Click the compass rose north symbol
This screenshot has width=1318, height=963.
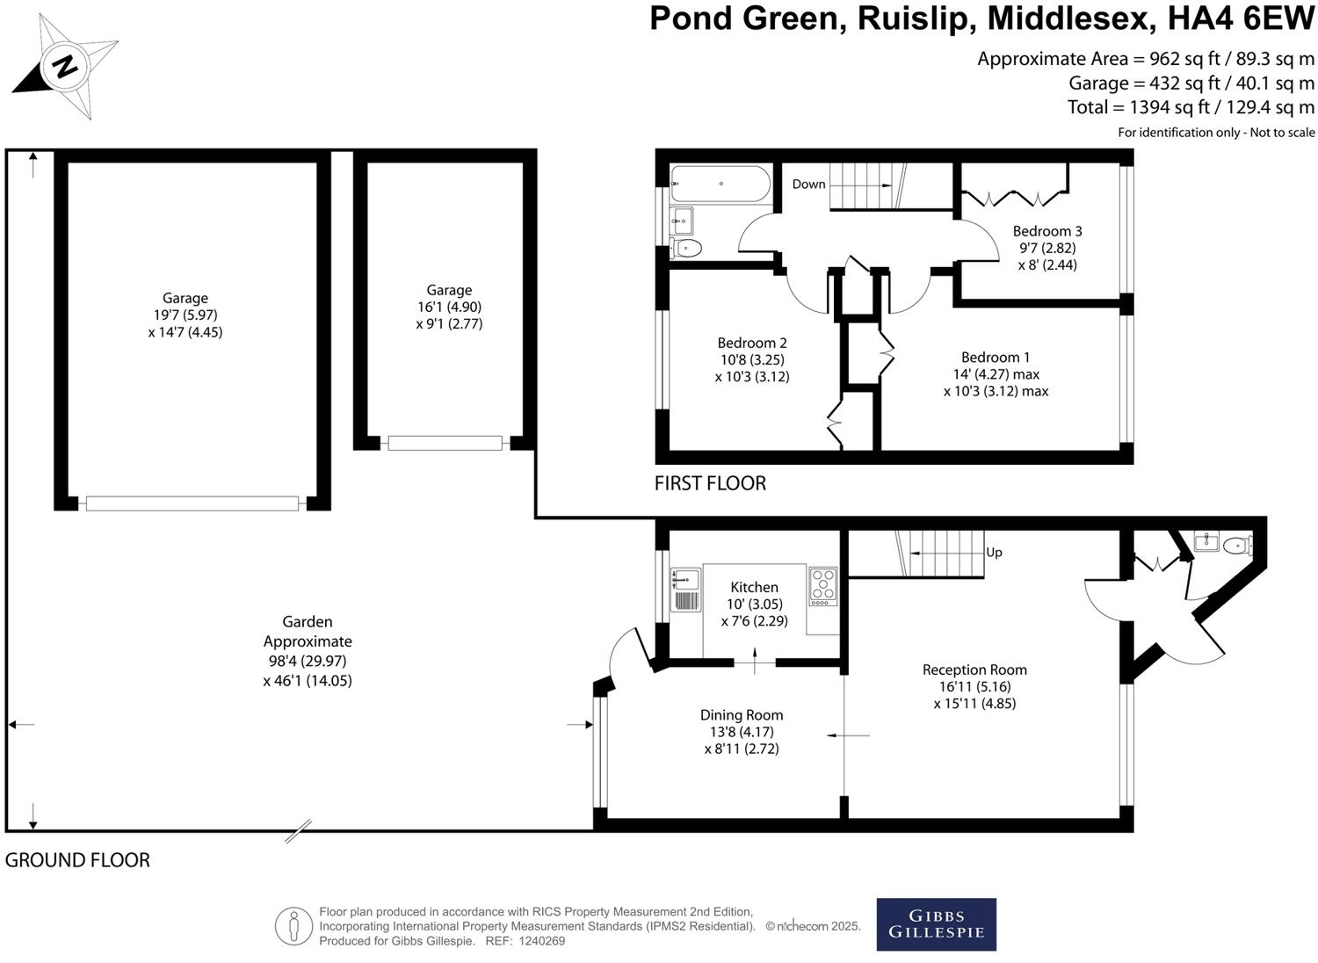click(64, 67)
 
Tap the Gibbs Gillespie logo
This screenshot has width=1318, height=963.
click(936, 923)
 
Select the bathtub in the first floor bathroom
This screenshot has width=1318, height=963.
click(720, 185)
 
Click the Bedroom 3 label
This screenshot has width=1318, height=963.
click(1047, 231)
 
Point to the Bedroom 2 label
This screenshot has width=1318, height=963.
click(751, 343)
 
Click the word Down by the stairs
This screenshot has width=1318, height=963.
click(808, 184)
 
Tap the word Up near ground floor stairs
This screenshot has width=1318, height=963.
click(994, 553)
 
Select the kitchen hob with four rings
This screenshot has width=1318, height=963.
click(823, 586)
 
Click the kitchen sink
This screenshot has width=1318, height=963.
click(685, 580)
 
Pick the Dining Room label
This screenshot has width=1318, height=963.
click(742, 715)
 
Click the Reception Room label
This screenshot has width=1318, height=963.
click(974, 670)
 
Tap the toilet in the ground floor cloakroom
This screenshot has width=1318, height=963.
click(1238, 546)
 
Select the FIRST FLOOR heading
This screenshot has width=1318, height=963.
click(710, 483)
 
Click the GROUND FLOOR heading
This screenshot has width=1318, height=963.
click(77, 860)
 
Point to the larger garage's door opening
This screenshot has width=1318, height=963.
click(192, 503)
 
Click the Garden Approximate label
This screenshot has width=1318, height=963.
click(308, 632)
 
